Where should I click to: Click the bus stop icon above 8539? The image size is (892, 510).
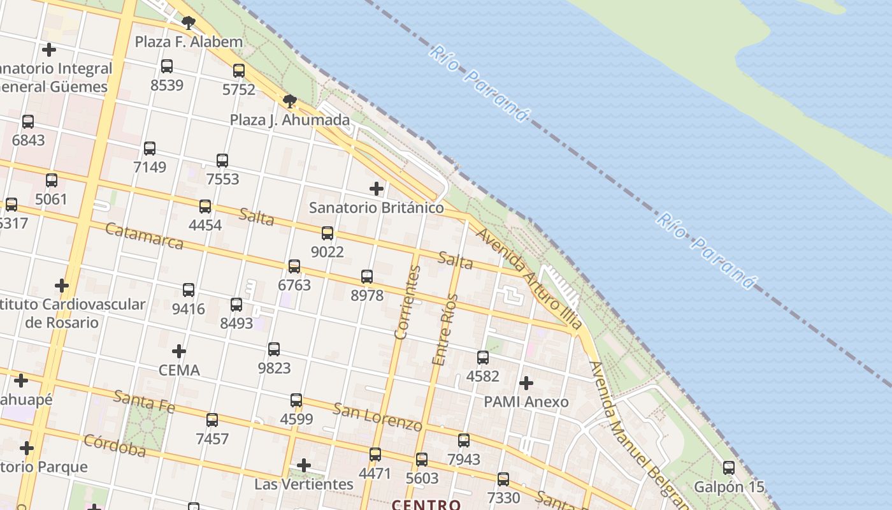167,66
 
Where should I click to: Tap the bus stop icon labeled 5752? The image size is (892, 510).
239,71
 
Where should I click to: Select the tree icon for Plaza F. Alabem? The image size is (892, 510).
188,24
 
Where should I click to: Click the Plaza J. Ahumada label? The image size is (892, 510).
290,120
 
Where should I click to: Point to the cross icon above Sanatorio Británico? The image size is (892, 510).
377,189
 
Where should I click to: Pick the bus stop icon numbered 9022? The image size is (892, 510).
327,233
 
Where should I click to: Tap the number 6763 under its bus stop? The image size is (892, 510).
294,285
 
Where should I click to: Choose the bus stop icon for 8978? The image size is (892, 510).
367,277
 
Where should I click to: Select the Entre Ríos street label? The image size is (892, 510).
445,330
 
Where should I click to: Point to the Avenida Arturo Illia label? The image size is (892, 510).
528,279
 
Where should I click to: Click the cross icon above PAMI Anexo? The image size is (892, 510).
526,383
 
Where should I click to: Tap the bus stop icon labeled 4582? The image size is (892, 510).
483,358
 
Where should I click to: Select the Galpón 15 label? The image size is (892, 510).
729,487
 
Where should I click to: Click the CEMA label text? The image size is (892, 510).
179,370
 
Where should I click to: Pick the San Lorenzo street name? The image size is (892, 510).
377,417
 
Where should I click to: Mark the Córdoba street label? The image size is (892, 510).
115,446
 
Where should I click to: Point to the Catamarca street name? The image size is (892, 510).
144,236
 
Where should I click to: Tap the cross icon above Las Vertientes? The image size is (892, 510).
304,465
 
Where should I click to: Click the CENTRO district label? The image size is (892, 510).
426,505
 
